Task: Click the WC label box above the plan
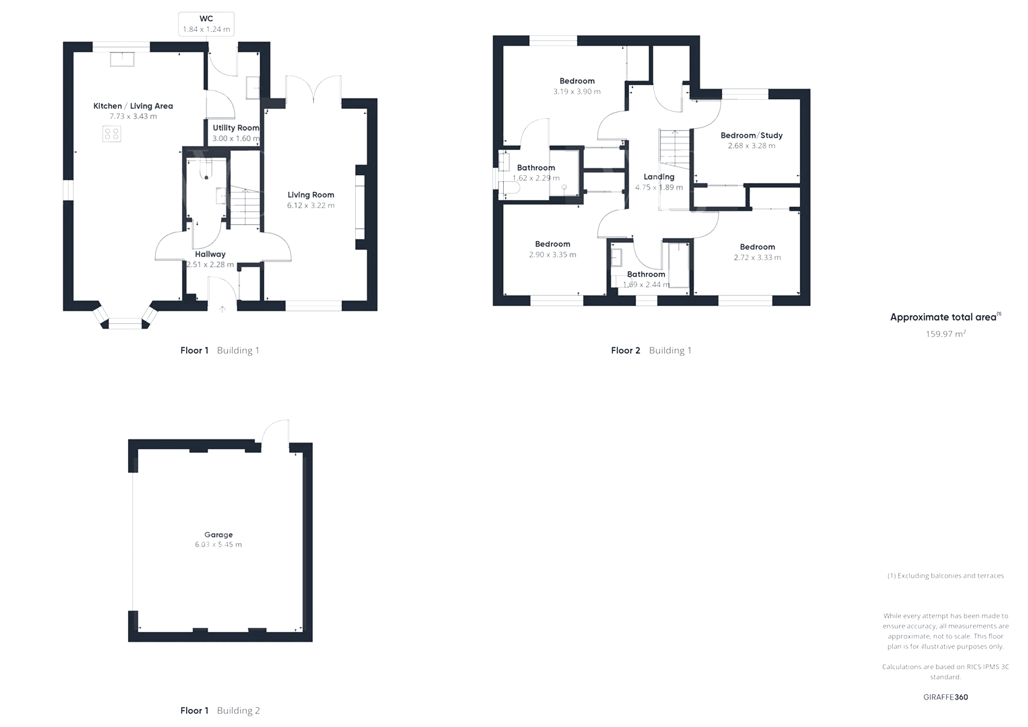[206, 24]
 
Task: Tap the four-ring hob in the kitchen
[112, 134]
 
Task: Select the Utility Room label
[236, 128]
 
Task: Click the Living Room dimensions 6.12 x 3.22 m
[311, 206]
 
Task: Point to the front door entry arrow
[222, 309]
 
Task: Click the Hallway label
[210, 254]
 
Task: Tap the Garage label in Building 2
[218, 534]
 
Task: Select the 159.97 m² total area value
[946, 334]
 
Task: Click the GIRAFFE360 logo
[946, 697]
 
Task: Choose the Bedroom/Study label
[751, 135]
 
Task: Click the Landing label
[659, 177]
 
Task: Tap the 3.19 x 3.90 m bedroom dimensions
[577, 91]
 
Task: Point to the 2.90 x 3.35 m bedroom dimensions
[553, 254]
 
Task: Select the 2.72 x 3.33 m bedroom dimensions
[757, 257]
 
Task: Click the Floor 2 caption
[626, 350]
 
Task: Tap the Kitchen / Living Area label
[133, 106]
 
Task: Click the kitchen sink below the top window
[122, 59]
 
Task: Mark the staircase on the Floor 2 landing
[674, 149]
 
